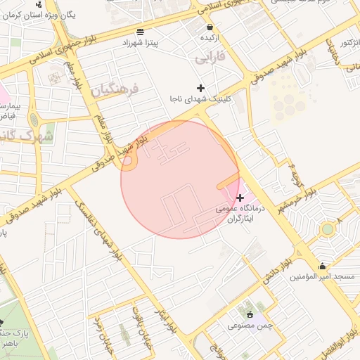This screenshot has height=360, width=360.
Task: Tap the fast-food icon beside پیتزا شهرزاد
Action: point(141,32)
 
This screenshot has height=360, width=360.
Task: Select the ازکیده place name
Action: point(209,37)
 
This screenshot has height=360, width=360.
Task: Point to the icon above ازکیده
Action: point(209,27)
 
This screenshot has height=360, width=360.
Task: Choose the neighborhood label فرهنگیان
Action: point(116,89)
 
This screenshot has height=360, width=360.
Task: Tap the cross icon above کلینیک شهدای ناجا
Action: point(202,88)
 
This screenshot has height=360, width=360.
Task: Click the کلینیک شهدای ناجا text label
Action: point(202,100)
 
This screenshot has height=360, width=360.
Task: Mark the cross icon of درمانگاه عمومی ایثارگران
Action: point(240,198)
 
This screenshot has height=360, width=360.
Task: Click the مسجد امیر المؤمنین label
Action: point(322,277)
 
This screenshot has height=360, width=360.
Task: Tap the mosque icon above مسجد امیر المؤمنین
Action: point(322,266)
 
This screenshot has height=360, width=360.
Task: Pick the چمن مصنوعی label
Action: point(250,326)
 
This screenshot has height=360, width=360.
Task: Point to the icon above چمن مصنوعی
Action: point(250,314)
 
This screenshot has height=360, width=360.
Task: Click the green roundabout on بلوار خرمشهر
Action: point(327,229)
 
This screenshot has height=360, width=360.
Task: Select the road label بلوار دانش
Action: point(277,270)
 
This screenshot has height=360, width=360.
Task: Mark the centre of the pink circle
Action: point(180,179)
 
